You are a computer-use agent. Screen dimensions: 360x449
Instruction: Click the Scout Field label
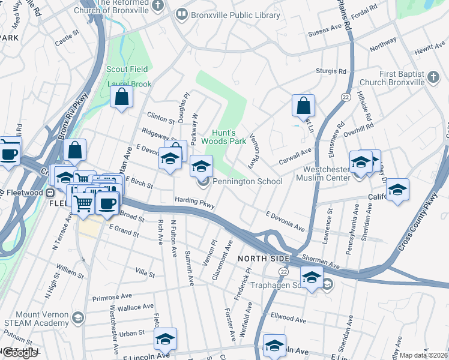pos(127,69)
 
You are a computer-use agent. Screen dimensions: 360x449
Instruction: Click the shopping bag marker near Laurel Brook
pos(121,97)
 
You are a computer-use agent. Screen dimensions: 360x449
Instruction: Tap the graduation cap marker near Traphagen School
pos(312,277)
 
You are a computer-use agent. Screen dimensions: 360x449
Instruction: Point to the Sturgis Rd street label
pos(332,71)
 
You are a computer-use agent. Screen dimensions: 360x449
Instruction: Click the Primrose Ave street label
pos(112,297)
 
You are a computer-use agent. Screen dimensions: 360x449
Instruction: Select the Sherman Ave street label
pos(322,259)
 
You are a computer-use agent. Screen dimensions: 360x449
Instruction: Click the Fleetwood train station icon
pos(52,193)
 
